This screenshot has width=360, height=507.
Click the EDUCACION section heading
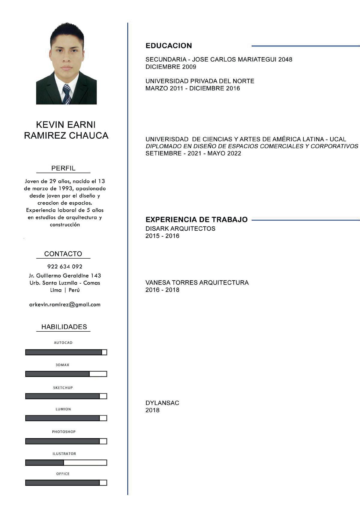coord(169,46)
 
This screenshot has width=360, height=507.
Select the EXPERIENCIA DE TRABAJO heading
coord(196,220)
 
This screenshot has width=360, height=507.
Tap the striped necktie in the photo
coord(67,94)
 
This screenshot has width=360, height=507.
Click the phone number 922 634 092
coord(65,266)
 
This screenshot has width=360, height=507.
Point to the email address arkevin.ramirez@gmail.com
coord(65,304)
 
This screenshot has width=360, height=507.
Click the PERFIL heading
coord(63,168)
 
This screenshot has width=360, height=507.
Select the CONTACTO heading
coord(63,254)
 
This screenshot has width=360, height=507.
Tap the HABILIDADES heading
coord(64,327)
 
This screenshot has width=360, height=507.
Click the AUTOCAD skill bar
coord(66,352)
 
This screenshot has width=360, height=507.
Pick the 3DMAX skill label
coord(62,365)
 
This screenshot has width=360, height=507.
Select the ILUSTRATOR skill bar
coord(66,462)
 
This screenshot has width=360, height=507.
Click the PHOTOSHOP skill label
coord(64,432)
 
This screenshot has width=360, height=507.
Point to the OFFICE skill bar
coord(66,483)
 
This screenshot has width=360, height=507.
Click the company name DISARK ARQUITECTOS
coord(180,229)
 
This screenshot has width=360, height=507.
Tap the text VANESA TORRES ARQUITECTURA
coord(197,283)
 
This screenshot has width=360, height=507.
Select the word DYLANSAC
coord(162,403)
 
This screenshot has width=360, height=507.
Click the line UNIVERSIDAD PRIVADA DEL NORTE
coord(200,81)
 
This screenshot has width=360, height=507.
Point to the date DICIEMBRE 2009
coord(171,67)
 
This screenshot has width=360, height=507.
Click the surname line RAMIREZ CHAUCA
coord(66,136)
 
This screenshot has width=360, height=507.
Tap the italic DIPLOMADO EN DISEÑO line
coord(252,146)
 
